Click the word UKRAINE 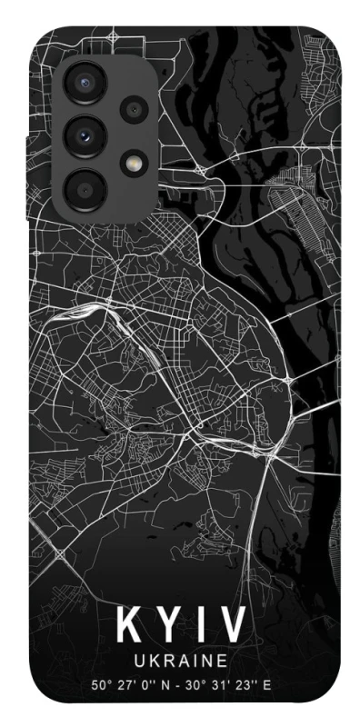[180, 658]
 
